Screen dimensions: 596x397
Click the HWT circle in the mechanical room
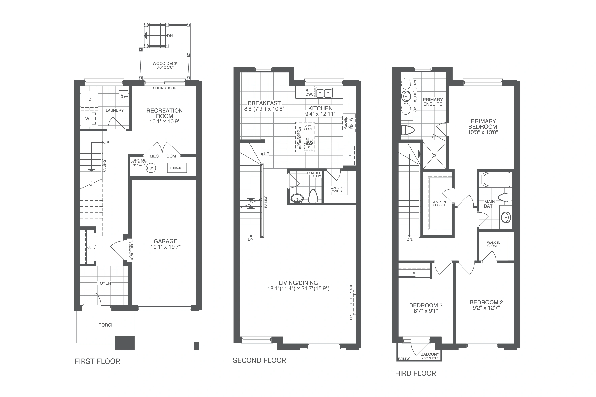151,168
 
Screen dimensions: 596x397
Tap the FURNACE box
177,168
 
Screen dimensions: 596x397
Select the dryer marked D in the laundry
89,99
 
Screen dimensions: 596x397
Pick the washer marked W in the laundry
89,119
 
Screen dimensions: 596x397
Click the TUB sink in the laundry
123,96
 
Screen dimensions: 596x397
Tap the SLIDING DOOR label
164,88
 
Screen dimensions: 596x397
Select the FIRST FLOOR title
98,361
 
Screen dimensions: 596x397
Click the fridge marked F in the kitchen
349,155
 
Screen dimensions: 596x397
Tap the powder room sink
297,198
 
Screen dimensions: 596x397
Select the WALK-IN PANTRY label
337,189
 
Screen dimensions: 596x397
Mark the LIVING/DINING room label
298,283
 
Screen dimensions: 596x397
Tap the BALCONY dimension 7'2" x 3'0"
430,358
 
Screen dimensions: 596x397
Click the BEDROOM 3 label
426,305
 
